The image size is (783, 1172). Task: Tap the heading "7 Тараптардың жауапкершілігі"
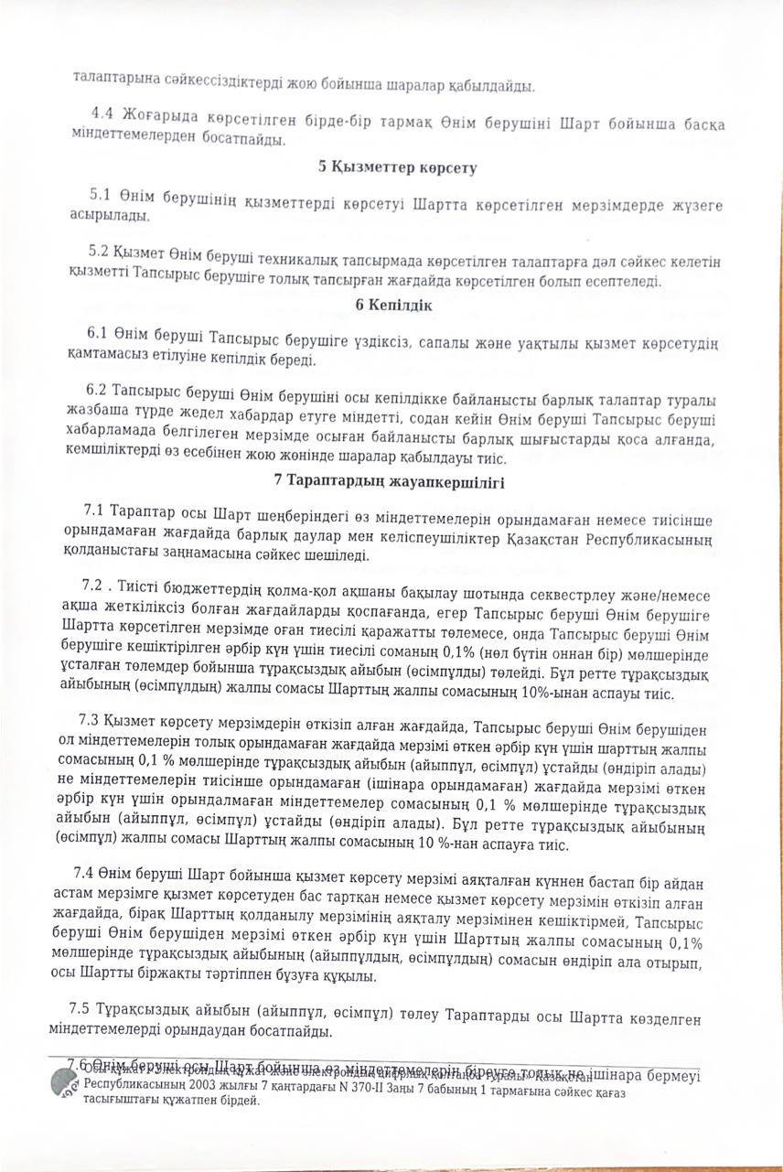click(x=390, y=480)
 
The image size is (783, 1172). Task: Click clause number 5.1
click(x=100, y=195)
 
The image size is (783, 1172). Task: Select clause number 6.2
click(x=96, y=389)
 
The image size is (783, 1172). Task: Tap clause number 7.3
click(x=91, y=720)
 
